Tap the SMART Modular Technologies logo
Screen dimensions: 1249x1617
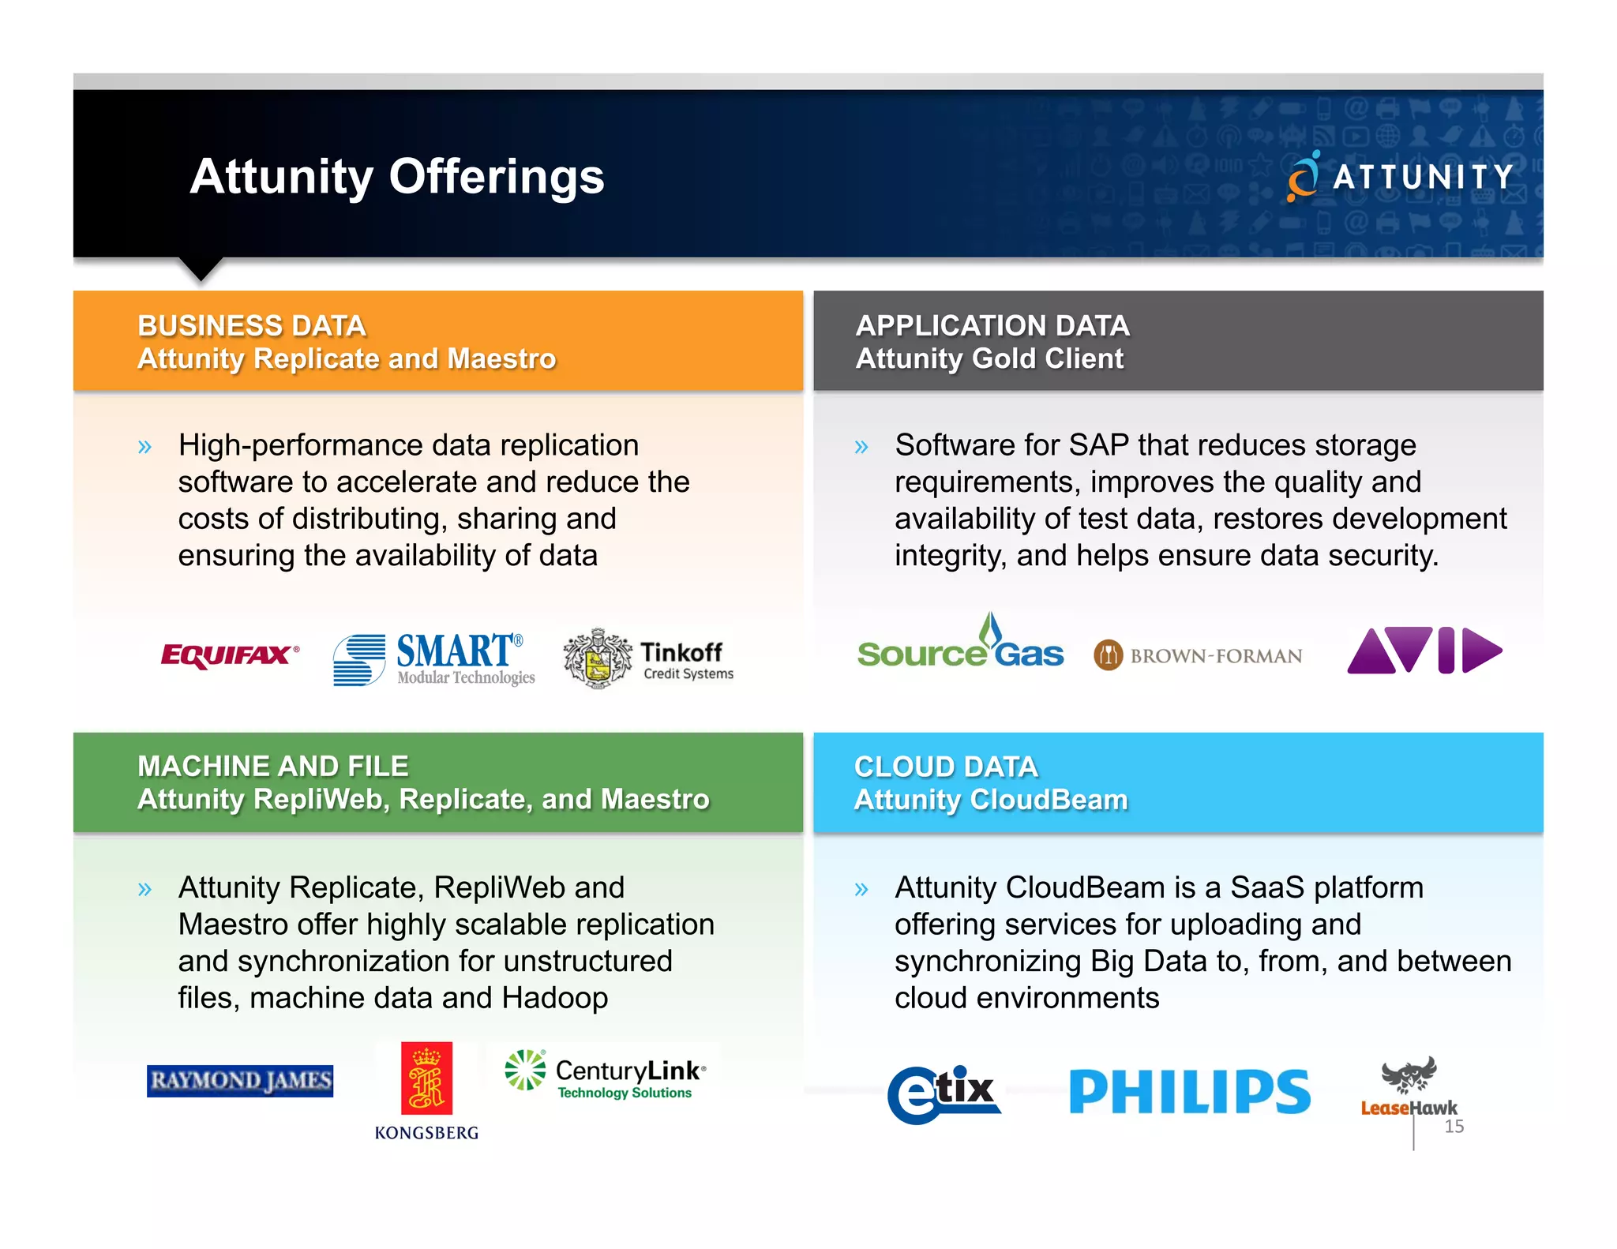click(434, 658)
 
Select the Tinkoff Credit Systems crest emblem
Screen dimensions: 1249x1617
click(598, 658)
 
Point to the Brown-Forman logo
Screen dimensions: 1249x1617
click(1198, 655)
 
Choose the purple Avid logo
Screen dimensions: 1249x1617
click(1424, 651)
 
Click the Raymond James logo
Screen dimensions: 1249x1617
click(240, 1081)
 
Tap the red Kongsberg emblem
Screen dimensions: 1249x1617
click(426, 1078)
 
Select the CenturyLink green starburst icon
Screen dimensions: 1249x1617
click(525, 1071)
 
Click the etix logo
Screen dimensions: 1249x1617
click(944, 1093)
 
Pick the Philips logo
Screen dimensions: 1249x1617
click(1190, 1092)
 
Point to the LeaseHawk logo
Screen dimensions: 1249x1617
click(1409, 1088)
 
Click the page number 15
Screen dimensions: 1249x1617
click(1454, 1127)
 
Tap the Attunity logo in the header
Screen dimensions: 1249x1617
click(1400, 176)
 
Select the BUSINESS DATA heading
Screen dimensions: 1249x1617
click(252, 325)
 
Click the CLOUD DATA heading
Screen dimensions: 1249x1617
click(946, 767)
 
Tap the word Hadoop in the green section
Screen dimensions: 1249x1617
click(555, 998)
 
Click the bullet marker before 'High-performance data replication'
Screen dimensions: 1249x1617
click(144, 447)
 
